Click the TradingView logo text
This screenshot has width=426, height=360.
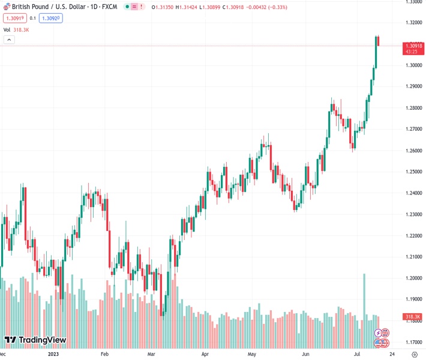tap(41, 340)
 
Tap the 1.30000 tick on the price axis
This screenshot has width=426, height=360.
tap(412, 65)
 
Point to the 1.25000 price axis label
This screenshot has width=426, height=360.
tap(412, 172)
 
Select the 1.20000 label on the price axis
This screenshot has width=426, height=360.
tap(412, 278)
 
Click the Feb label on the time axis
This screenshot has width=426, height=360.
tap(104, 355)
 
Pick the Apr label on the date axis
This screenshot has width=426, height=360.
tap(205, 355)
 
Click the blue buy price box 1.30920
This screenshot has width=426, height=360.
tap(51, 18)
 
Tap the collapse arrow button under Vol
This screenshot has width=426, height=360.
tap(9, 40)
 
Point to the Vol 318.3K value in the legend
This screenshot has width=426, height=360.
tap(21, 29)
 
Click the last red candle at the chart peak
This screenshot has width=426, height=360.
tap(379, 41)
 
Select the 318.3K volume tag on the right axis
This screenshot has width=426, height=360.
tap(412, 316)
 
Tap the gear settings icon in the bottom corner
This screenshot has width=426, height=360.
tap(413, 355)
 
